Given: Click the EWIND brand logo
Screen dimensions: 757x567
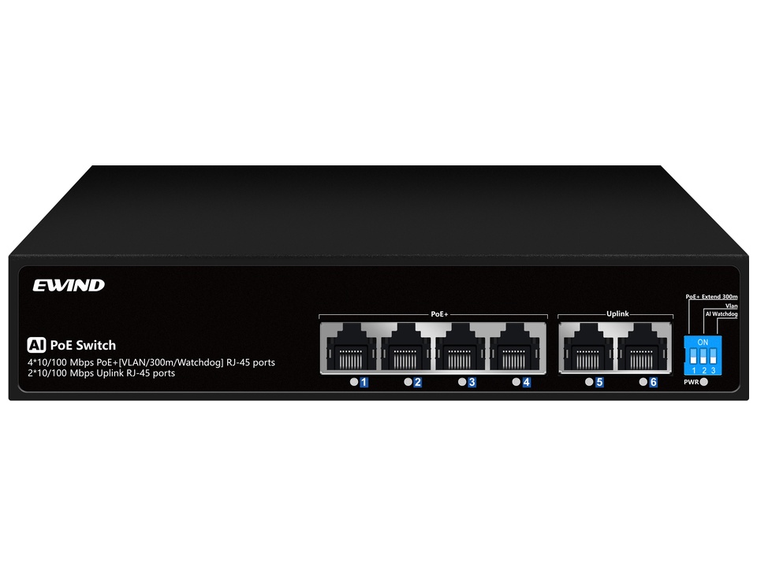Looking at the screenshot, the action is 69,285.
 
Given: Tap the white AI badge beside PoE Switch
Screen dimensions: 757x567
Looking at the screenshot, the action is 36,345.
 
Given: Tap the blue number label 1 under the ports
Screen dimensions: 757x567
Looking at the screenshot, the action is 364,383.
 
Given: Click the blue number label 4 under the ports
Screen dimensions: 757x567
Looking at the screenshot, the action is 526,383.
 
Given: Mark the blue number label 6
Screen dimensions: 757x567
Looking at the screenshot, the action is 653,383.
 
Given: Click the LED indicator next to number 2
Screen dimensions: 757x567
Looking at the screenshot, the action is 408,382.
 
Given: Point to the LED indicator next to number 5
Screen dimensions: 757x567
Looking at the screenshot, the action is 589,382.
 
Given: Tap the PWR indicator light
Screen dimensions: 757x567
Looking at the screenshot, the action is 704,383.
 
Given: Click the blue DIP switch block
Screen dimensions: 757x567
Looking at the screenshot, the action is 703,355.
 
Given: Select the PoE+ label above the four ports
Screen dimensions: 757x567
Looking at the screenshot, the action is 439,314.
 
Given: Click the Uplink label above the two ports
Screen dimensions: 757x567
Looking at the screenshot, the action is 617,314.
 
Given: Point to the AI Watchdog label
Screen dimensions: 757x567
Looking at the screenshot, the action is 722,314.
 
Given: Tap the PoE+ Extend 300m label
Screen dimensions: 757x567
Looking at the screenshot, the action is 711,297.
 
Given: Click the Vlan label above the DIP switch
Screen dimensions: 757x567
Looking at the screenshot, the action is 732,306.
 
